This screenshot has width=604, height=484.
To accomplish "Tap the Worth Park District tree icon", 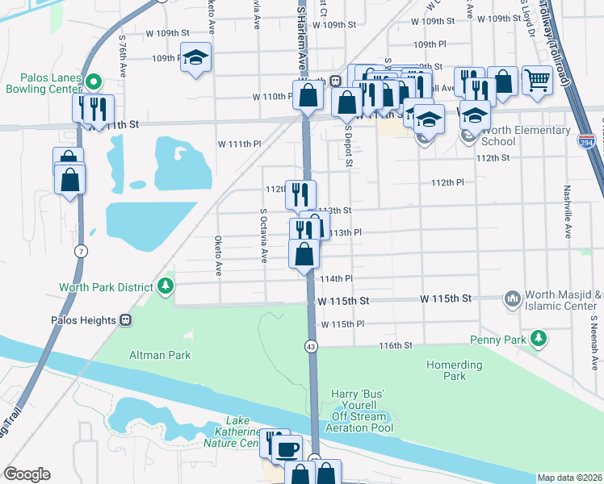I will pyautogui.click(x=166, y=286).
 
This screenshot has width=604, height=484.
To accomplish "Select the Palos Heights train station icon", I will pyautogui.click(x=125, y=320).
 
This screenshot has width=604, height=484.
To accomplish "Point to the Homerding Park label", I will pyautogui.click(x=455, y=370).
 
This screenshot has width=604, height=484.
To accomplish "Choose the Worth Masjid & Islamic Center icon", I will pyautogui.click(x=512, y=300).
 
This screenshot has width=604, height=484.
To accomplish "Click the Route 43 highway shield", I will pyautogui.click(x=310, y=345).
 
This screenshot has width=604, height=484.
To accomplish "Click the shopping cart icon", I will pyautogui.click(x=537, y=79).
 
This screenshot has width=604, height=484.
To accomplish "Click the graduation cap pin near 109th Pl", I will pyautogui.click(x=195, y=58).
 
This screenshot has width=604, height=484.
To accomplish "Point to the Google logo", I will pyautogui.click(x=27, y=474).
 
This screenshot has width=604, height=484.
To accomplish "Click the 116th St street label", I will pyautogui.click(x=396, y=344).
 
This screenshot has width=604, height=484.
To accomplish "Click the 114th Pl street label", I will pyautogui.click(x=337, y=278).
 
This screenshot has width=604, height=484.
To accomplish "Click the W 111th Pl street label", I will pyautogui.click(x=240, y=143).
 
